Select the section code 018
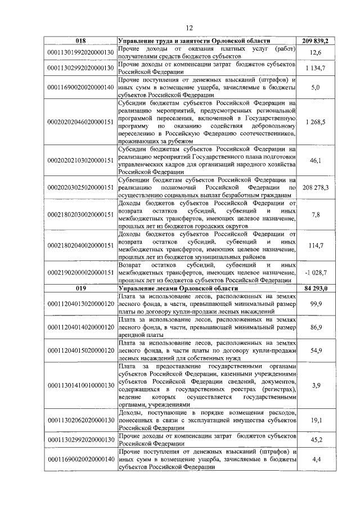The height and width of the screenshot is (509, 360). (x=81, y=42)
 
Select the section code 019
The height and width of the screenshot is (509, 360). (x=81, y=288)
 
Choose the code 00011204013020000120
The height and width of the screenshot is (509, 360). (x=81, y=304)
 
